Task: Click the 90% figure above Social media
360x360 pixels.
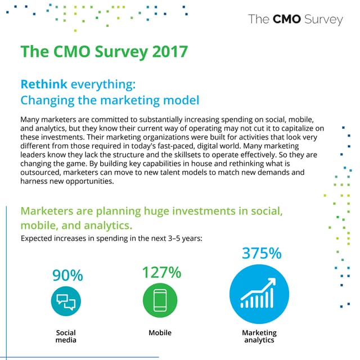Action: tap(67, 276)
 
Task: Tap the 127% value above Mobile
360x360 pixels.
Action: tap(161, 272)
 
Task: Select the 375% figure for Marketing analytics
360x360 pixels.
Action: tap(261, 253)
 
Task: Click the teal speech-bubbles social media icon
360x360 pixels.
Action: tap(66, 301)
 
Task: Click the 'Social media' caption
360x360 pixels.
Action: tap(66, 336)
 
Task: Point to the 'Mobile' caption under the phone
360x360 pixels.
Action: tap(160, 333)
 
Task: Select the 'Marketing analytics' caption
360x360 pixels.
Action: tap(259, 336)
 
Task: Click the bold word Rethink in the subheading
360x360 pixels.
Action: tap(44, 84)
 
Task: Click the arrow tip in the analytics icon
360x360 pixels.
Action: tap(274, 280)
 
